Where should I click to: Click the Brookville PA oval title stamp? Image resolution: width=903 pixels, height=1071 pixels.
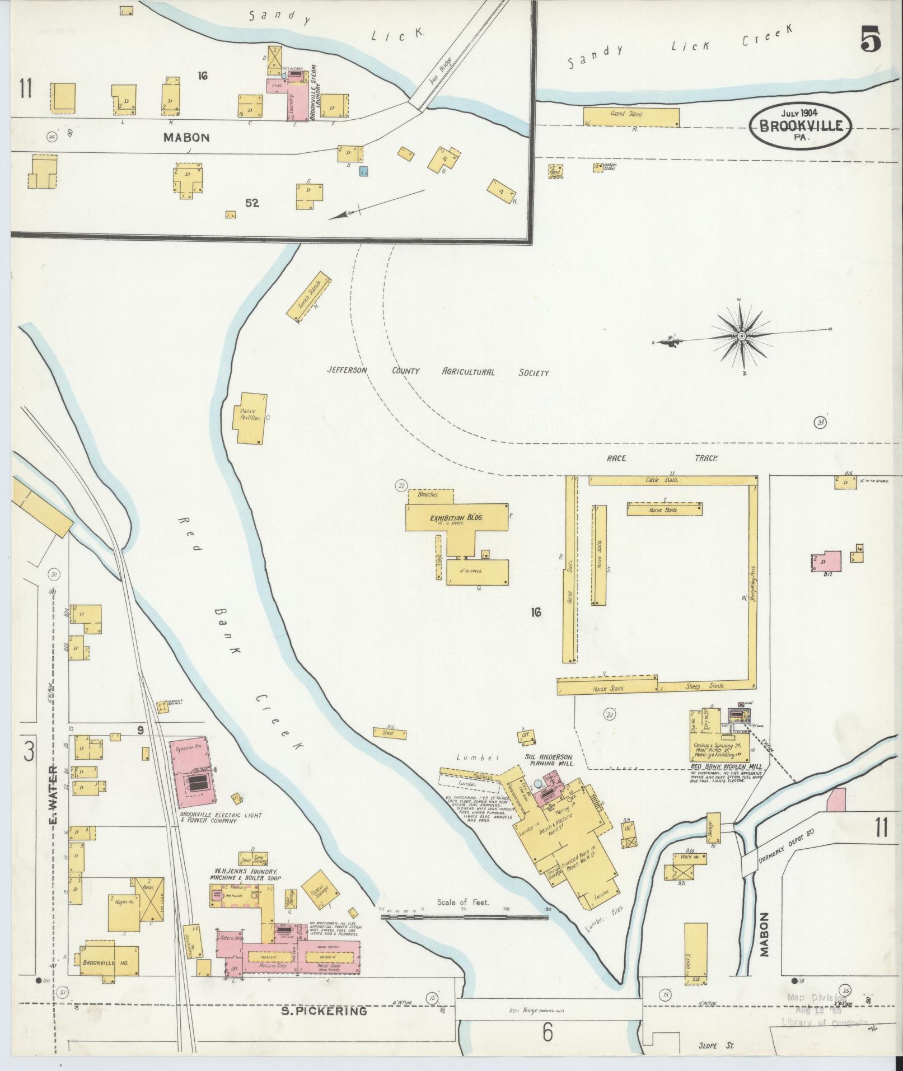click(800, 126)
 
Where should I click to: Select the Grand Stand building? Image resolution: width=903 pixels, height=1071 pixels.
click(631, 116)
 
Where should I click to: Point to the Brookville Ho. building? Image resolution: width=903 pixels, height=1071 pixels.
click(110, 959)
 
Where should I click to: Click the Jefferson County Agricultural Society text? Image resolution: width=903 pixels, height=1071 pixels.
click(438, 372)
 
